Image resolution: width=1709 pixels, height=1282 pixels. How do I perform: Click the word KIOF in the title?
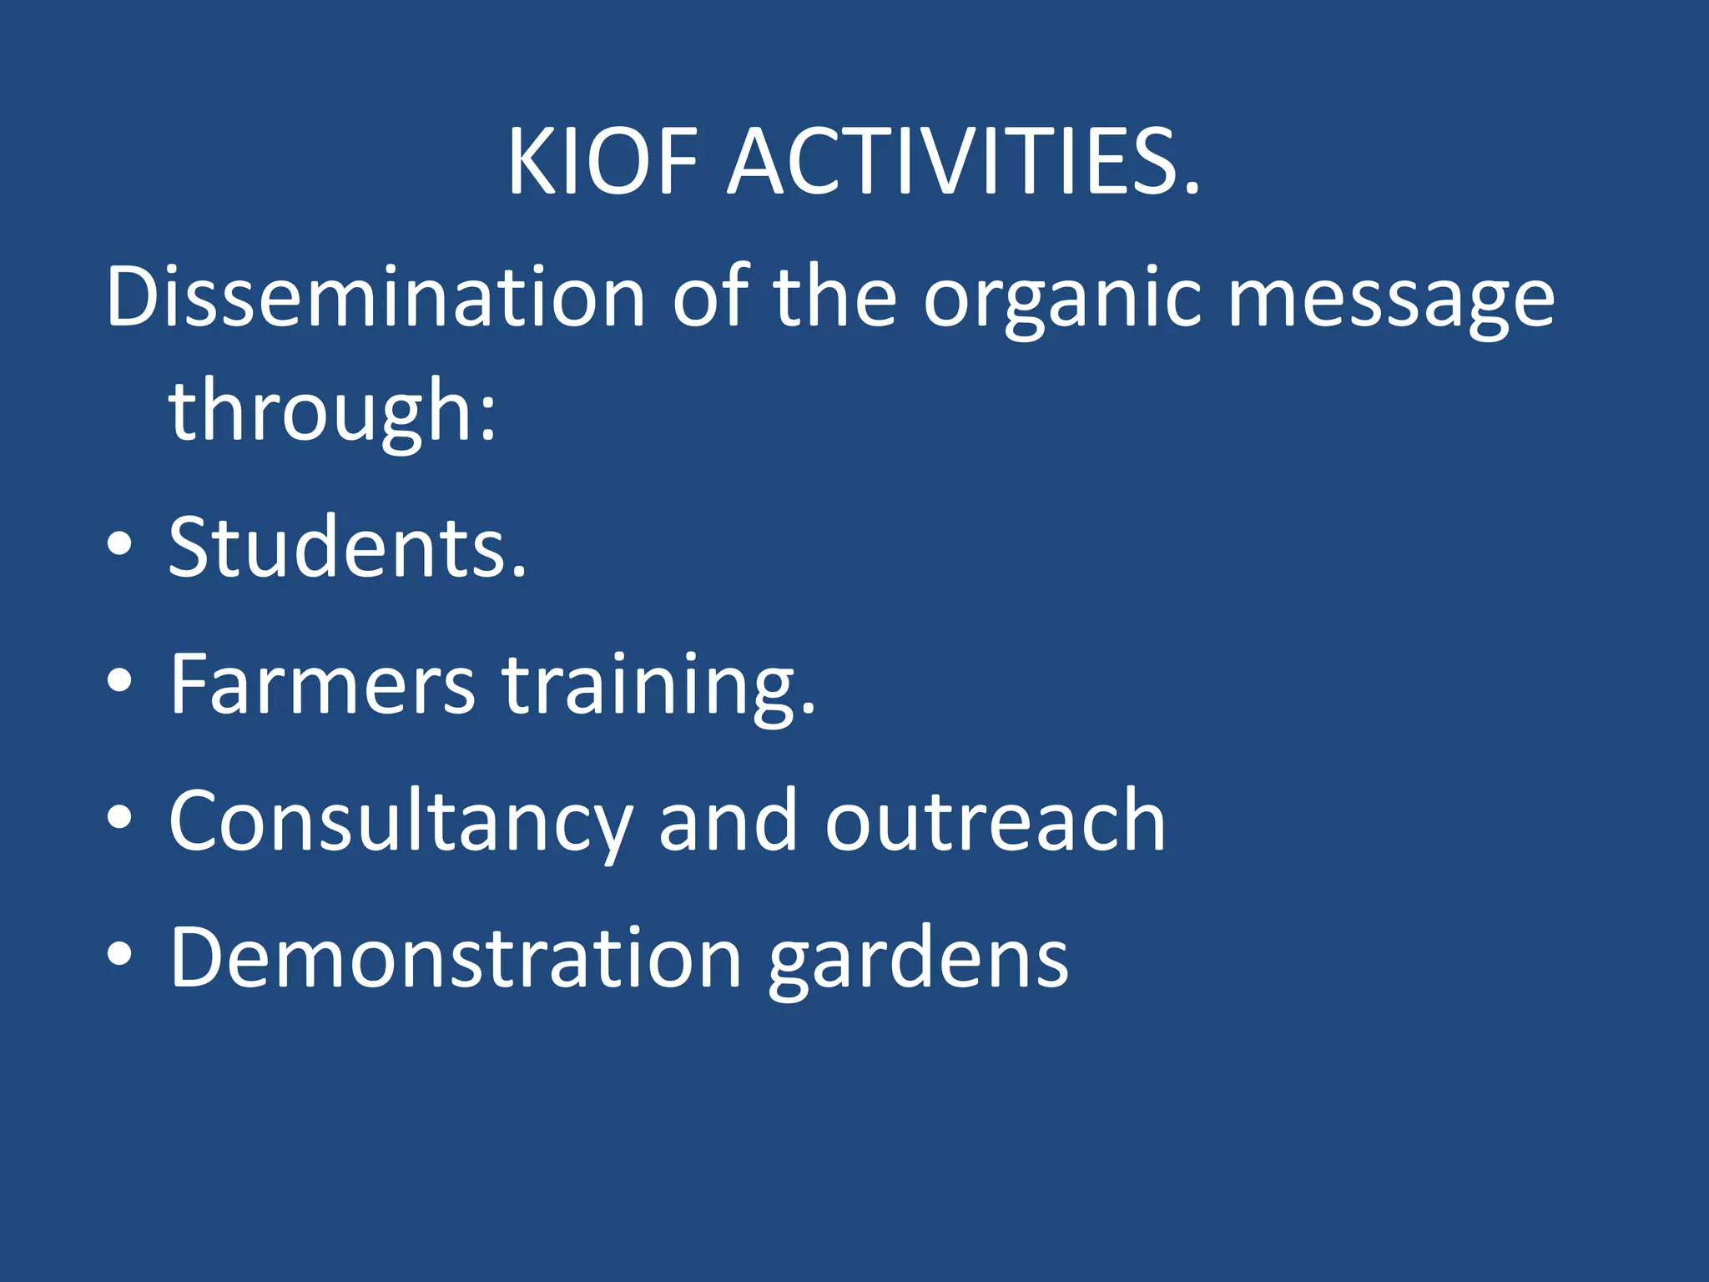(x=602, y=162)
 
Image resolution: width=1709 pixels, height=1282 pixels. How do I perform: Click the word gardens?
(x=918, y=960)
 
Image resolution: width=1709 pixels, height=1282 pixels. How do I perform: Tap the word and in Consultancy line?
(x=728, y=822)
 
